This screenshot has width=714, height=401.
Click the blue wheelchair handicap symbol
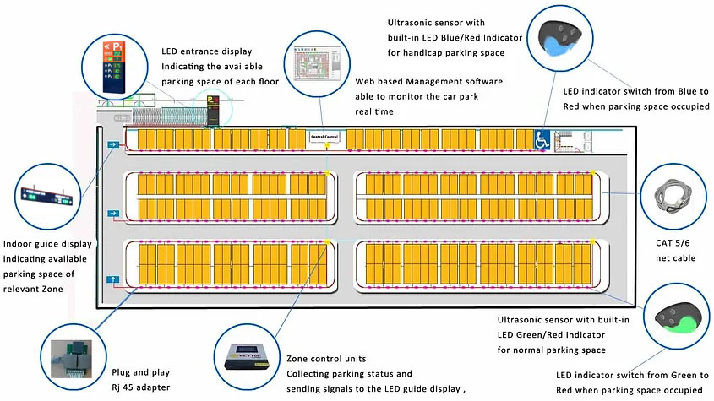click(542, 139)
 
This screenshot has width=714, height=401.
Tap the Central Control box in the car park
click(324, 137)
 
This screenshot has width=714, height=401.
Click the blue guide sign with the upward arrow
click(112, 278)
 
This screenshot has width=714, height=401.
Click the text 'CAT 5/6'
click(673, 244)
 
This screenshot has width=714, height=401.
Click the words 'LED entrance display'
click(206, 51)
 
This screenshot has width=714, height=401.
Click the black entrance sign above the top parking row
click(213, 109)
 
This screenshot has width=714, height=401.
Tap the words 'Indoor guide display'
click(47, 244)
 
